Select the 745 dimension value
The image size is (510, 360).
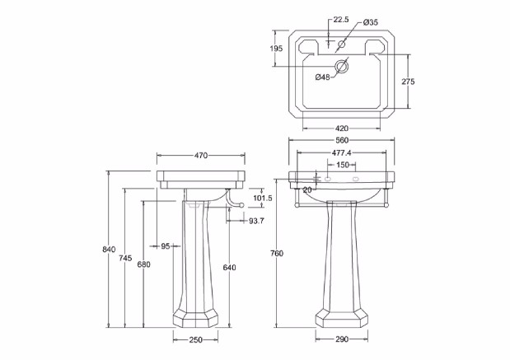coord(125,258)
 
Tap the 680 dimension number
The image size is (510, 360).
coord(143,264)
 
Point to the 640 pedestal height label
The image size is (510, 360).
coord(229,267)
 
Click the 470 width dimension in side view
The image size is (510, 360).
coord(200,154)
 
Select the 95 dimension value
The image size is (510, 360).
coord(166,245)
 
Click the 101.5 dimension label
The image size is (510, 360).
coord(262,198)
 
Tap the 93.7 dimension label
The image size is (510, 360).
coord(255,220)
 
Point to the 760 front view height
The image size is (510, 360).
coord(277,253)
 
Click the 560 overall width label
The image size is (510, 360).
coord(342,140)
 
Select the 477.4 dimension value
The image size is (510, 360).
coord(341,152)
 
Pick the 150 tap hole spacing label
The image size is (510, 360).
coord(341,165)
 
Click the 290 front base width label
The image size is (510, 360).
coord(341,339)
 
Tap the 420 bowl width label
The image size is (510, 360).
coord(342,128)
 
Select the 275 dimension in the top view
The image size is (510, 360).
coord(407,82)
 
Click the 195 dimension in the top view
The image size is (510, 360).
coord(276,49)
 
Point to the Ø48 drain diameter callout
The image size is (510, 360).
coord(322,77)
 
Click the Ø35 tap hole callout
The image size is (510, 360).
coord(369,21)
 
